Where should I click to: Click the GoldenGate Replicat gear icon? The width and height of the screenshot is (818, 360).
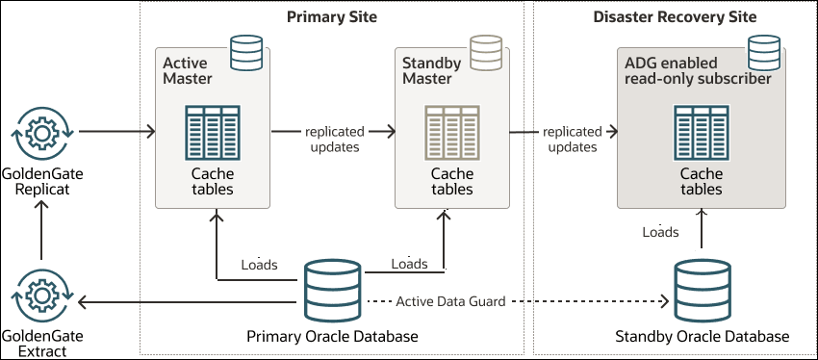pos(40,131)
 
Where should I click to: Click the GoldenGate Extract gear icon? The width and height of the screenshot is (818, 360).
pos(40,295)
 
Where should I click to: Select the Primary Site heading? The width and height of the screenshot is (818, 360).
pos(332,17)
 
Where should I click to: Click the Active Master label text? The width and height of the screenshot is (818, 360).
pos(188,70)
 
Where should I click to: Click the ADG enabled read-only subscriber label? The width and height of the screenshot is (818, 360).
pos(698,70)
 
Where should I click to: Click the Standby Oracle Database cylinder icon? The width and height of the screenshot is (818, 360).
pos(702,290)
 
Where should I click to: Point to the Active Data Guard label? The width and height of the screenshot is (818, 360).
pos(450,301)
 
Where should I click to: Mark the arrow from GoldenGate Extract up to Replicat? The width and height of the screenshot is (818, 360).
pos(40,233)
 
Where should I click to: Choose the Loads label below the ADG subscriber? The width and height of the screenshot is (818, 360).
pos(660,232)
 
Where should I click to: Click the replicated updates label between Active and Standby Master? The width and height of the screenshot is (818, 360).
pos(332,139)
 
